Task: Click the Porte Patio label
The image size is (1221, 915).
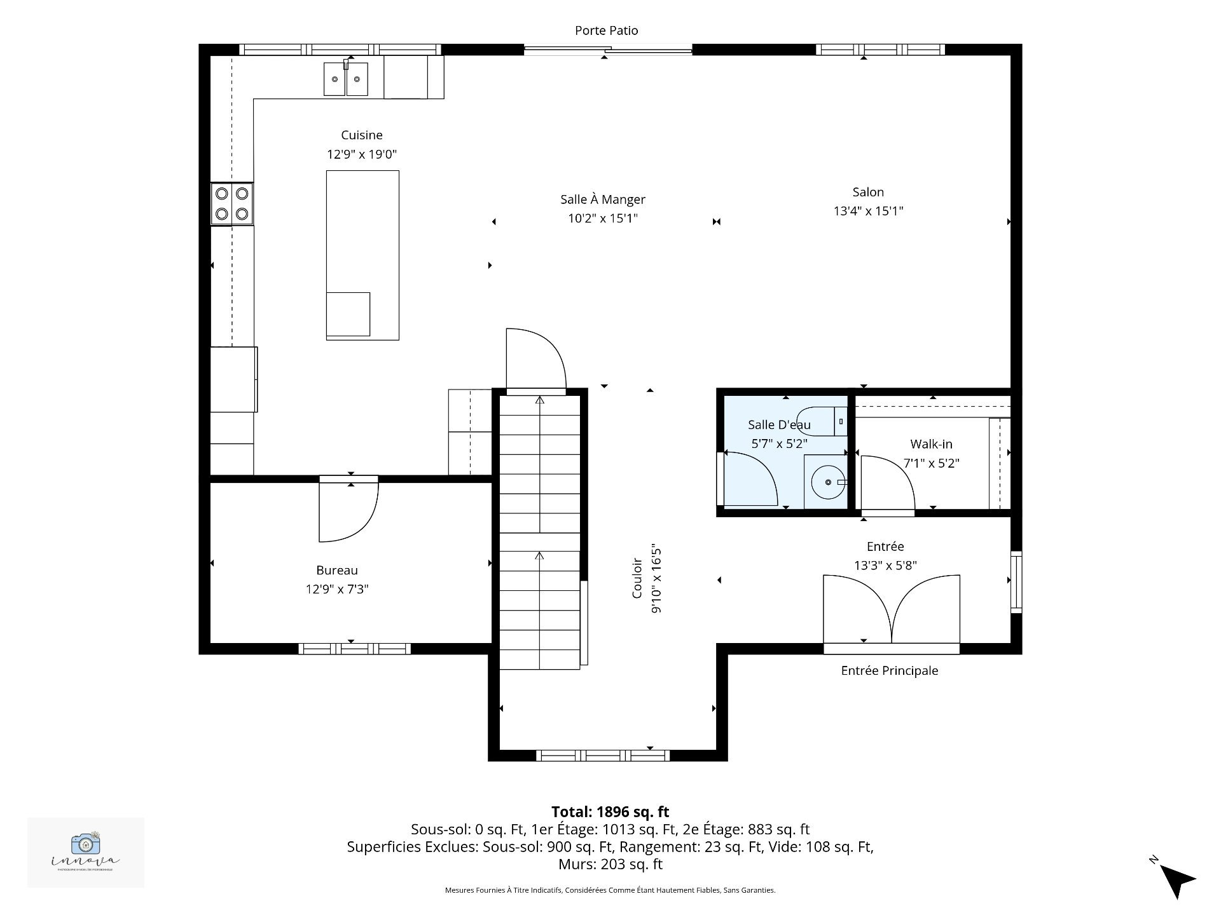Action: coord(606,30)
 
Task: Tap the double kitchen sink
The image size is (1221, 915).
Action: coord(346,79)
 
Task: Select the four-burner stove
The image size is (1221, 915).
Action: coord(232,203)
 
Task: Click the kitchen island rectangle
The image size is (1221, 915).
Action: coord(362,254)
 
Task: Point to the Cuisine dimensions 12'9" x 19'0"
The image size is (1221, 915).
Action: coord(362,154)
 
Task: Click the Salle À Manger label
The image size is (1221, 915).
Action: coord(602,200)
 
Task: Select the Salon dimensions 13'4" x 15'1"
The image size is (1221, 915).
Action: coord(868,211)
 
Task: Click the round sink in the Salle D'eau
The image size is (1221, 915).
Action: coord(827,483)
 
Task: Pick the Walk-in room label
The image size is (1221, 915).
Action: coord(931,444)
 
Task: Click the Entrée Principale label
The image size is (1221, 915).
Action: coord(889,670)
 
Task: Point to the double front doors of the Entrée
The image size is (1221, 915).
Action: coord(892,610)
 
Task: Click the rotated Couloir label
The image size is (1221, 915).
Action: coord(637,578)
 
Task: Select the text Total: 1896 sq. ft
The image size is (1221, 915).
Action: coord(610,811)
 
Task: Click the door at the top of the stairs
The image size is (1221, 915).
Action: coord(535,362)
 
